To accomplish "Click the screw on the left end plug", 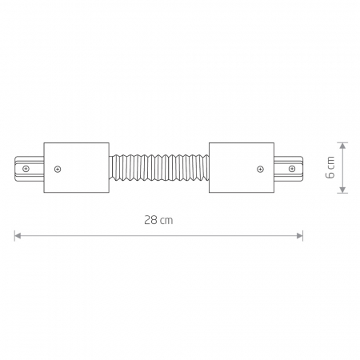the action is coord(26,169).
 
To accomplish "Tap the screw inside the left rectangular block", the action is coord(58,169).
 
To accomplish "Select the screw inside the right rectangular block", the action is coord(260,169).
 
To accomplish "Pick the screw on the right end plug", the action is coord(292,169).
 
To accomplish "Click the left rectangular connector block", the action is coord(76,167).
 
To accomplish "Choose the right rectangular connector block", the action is coord(242,167).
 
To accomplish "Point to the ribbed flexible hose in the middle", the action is coord(159,167).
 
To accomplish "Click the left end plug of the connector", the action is coord(29,168).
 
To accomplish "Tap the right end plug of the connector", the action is coord(289,168).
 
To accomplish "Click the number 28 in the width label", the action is coord(150,220).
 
